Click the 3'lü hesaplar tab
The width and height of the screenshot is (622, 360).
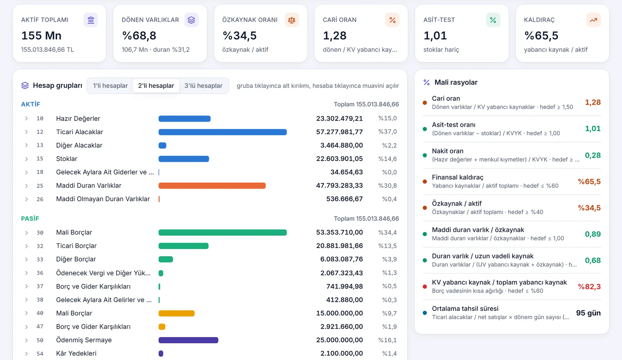(x=204, y=86)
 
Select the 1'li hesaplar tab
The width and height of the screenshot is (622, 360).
(x=110, y=86)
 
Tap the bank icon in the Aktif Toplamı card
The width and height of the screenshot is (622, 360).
(x=91, y=20)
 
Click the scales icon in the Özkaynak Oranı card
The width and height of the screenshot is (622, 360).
(x=292, y=20)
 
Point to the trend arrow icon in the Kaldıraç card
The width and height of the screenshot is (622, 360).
(x=593, y=20)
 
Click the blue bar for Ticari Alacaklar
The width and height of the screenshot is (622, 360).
(x=222, y=132)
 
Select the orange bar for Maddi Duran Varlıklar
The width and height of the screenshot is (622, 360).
(x=212, y=185)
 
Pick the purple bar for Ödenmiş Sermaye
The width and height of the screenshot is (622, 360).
(x=188, y=340)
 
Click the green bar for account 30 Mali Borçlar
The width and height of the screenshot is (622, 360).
(x=222, y=232)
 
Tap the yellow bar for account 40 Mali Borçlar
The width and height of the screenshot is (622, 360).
(x=176, y=313)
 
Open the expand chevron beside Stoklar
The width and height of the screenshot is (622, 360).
(x=26, y=159)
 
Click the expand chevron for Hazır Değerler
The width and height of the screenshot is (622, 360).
(x=26, y=119)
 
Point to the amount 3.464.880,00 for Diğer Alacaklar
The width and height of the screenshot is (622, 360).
(x=342, y=145)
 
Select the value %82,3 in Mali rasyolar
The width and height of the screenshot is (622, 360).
(x=589, y=287)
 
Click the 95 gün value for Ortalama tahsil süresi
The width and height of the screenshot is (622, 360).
(x=588, y=313)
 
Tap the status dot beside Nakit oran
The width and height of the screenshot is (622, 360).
(x=425, y=155)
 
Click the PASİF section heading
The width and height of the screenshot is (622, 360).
(x=30, y=218)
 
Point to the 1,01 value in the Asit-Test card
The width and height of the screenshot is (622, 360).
(x=435, y=35)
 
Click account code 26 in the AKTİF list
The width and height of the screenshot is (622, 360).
(x=40, y=199)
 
